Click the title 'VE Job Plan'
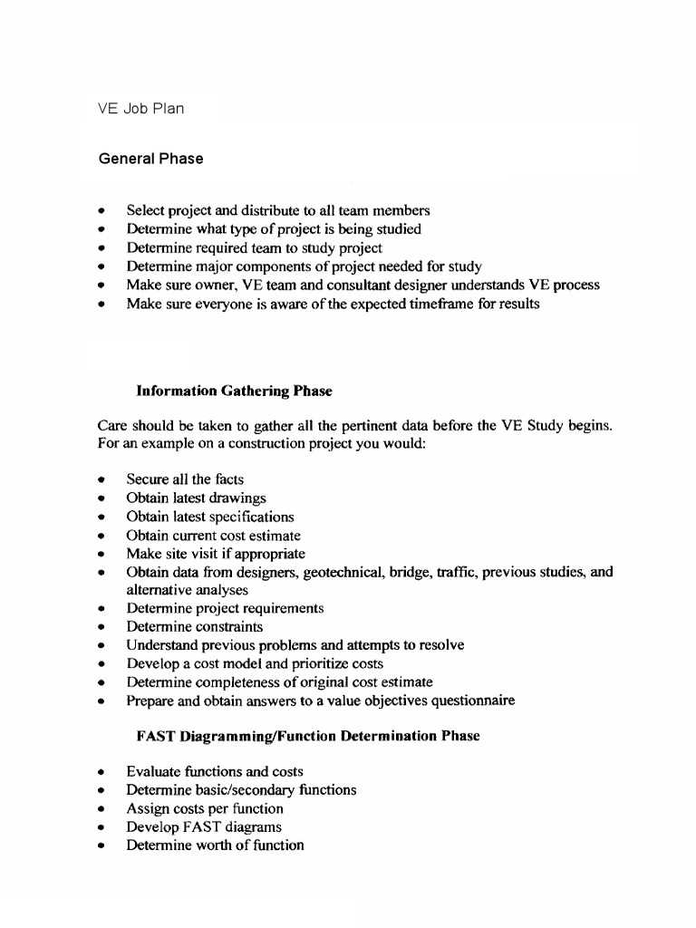(x=140, y=109)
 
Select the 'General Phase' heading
(x=150, y=159)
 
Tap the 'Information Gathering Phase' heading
(x=234, y=391)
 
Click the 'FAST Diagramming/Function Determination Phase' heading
(x=307, y=736)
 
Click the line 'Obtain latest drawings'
(x=196, y=498)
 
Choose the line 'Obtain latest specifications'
(x=210, y=517)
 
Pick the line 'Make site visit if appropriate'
(x=216, y=553)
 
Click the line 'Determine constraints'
(x=194, y=626)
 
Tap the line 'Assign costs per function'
(x=205, y=808)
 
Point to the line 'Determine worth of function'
(x=215, y=845)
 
